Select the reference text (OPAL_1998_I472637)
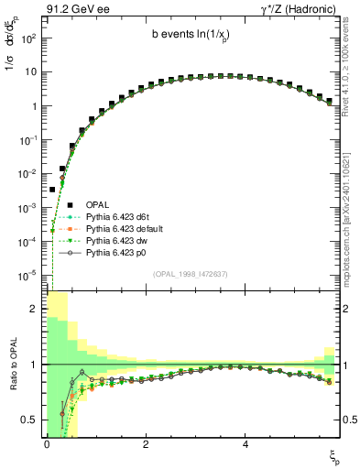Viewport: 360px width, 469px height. (192, 273)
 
